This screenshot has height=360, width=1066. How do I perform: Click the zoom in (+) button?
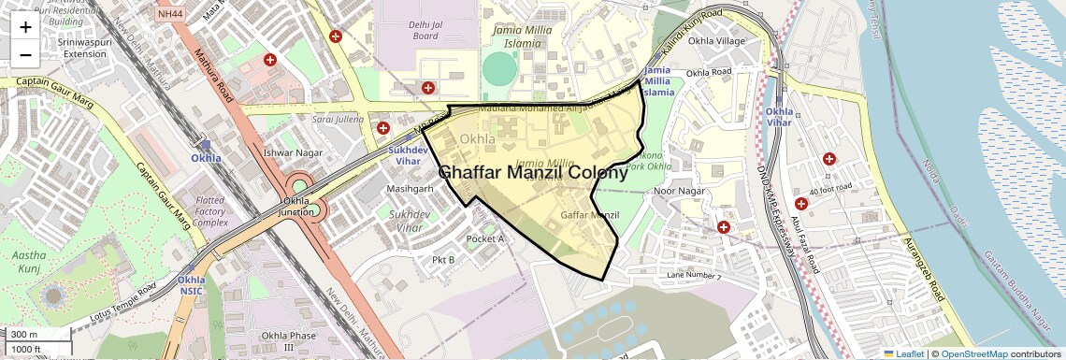pyautogui.click(x=25, y=26)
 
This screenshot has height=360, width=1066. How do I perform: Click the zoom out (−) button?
pyautogui.click(x=25, y=54)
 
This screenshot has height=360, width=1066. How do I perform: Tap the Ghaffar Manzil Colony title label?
pyautogui.click(x=533, y=173)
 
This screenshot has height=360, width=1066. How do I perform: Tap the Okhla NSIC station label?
pyautogui.click(x=192, y=285)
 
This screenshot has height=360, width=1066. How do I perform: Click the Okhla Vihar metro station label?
pyautogui.click(x=780, y=117)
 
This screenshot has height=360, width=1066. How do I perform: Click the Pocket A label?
pyautogui.click(x=485, y=238)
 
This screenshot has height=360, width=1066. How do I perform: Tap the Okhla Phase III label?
pyautogui.click(x=276, y=341)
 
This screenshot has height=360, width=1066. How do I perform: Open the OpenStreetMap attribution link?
pyautogui.click(x=974, y=353)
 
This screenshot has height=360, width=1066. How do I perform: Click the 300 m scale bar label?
pyautogui.click(x=25, y=335)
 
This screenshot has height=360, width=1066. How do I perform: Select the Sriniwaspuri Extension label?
pyautogui.click(x=85, y=48)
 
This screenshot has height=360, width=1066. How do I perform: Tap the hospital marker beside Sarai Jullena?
pyautogui.click(x=382, y=128)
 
